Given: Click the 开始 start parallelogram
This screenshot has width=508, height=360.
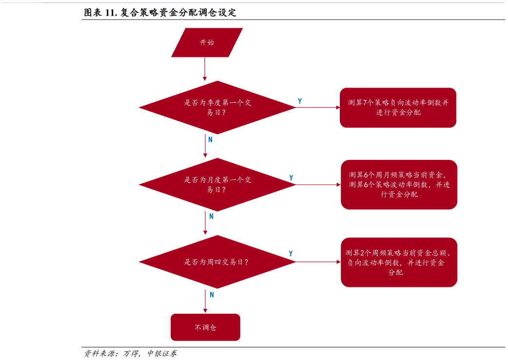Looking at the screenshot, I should coord(207,42).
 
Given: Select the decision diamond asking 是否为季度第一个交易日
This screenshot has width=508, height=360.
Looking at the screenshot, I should coord(217,107).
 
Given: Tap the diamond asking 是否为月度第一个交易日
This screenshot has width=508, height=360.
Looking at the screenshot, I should coord(217,185).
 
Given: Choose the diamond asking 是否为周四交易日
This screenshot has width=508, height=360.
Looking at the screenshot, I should coord(217,262).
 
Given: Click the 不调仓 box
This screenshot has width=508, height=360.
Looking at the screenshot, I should coord(205,327).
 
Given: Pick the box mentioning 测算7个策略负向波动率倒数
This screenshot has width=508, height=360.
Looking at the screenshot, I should coord(398,108).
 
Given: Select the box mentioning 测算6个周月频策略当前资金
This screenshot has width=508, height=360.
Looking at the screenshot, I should coord(399,185).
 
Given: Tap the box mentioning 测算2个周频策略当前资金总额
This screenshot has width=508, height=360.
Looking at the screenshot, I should coord(399,262).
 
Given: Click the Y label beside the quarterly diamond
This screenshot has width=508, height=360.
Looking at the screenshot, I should coord(300,101).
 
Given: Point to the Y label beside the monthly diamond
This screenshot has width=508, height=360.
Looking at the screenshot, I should coord(291,178).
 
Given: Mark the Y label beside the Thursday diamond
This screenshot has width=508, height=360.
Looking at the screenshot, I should coord(291,253).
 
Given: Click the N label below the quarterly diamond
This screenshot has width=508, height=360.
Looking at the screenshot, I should coord(211,139).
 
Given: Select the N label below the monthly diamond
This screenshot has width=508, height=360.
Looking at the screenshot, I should coord(211,216).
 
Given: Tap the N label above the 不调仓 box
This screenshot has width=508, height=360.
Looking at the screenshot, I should coord(212,295).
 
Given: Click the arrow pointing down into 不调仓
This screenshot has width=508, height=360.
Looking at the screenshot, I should coord(205,302).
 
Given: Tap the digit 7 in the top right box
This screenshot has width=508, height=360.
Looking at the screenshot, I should coord(365,103).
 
